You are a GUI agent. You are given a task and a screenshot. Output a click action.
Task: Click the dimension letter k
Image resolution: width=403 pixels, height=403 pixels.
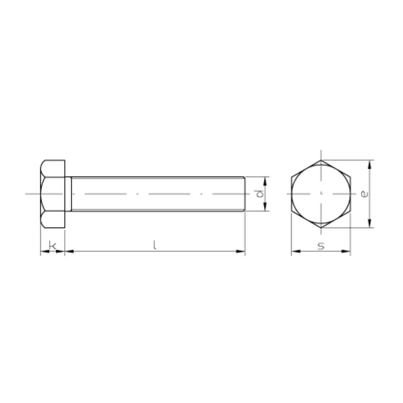pyautogui.click(x=53, y=245)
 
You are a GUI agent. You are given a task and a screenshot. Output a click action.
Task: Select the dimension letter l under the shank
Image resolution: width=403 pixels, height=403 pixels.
pyautogui.click(x=154, y=245)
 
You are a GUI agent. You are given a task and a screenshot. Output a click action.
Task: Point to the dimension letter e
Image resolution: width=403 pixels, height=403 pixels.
pyautogui.click(x=364, y=194)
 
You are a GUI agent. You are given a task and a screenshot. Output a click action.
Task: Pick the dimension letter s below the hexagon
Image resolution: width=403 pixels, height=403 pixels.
pyautogui.click(x=321, y=246)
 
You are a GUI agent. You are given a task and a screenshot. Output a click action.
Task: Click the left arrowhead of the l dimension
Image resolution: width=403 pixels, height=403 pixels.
pyautogui.click(x=69, y=251)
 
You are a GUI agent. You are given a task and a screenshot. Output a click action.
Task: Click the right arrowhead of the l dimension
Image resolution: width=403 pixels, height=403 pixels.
pyautogui.click(x=240, y=251)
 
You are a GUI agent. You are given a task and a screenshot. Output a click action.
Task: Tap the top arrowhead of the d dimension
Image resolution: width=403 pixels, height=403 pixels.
pyautogui.click(x=265, y=181)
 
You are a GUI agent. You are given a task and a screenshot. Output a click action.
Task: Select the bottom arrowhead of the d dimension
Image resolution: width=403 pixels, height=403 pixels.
pyautogui.click(x=265, y=207)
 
